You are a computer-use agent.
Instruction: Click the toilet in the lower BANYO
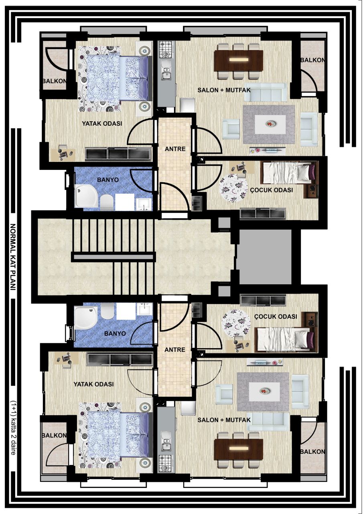107,311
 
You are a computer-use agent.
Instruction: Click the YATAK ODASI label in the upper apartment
102,124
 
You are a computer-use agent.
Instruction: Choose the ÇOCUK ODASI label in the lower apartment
276,316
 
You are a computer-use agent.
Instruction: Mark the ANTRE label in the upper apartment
175,149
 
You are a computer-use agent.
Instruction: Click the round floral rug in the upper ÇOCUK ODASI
233,188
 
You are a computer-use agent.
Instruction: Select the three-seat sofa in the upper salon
265,92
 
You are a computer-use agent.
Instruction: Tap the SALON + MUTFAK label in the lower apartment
224,420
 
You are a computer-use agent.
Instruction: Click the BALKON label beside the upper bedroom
54,81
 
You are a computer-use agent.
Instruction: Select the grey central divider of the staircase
114,257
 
